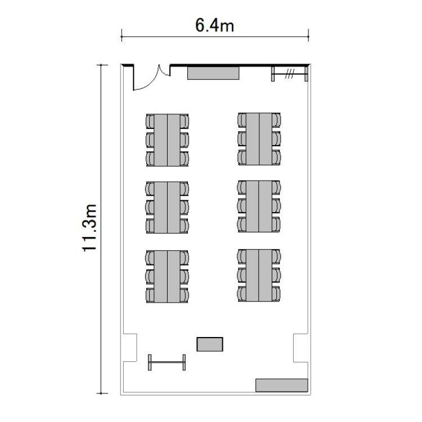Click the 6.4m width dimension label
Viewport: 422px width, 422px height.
214,26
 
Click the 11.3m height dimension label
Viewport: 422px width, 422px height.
89,228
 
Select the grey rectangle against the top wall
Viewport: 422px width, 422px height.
213,73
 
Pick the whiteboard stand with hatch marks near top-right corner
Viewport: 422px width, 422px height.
289,74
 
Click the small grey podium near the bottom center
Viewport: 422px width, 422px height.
210,344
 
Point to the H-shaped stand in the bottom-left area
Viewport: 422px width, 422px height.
167,362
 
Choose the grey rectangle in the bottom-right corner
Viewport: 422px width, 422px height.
281,385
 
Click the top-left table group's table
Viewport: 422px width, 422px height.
167,140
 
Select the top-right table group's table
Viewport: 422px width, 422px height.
259,139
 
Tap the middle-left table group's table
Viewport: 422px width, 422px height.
167,207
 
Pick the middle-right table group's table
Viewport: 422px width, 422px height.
259,206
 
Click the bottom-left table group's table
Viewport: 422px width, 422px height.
167,276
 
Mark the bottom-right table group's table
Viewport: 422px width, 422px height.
259,275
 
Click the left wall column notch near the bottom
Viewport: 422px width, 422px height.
130,348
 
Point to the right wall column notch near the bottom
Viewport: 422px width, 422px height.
300,348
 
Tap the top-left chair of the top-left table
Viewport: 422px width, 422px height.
150,121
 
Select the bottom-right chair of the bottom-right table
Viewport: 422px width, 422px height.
276,293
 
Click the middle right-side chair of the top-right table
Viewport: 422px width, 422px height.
276,138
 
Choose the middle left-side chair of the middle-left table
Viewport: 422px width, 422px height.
150,207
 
